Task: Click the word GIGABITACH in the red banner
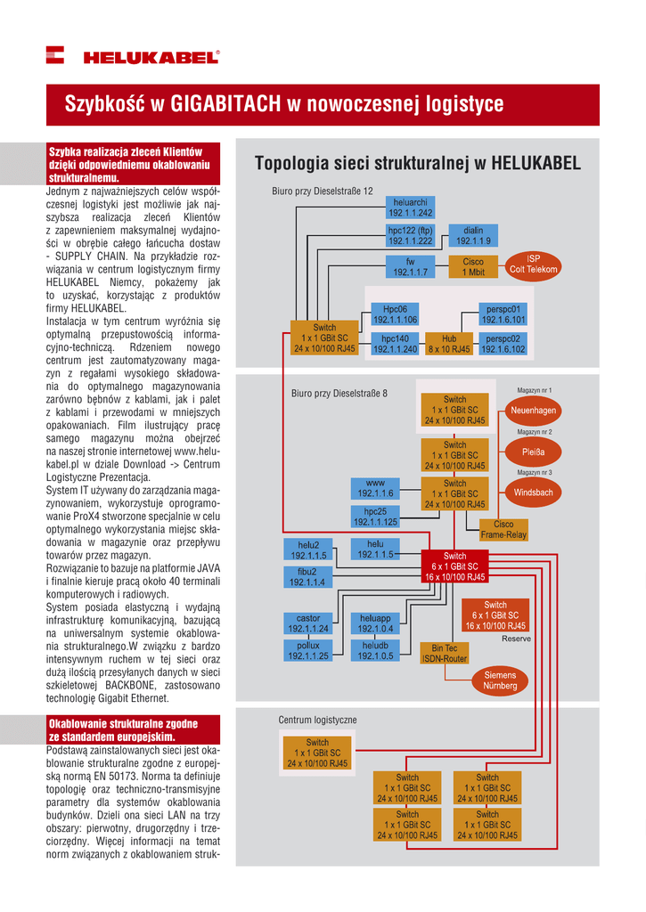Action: point(224,105)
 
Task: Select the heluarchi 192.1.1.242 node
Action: point(410,208)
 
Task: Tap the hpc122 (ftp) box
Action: point(410,235)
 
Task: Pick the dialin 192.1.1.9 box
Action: point(473,235)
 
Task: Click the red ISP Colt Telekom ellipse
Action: point(533,264)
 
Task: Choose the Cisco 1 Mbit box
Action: point(473,266)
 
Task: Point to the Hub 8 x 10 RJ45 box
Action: point(448,344)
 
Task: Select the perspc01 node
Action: point(503,313)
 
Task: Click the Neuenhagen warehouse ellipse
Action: point(534,411)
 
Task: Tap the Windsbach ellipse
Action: point(534,492)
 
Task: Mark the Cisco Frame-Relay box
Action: point(503,530)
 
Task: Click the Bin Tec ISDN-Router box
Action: point(444,654)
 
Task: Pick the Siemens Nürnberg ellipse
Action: point(500,681)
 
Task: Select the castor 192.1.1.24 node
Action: point(307,623)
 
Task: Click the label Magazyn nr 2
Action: point(535,431)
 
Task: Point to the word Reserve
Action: point(515,639)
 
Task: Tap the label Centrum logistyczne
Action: point(317,720)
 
